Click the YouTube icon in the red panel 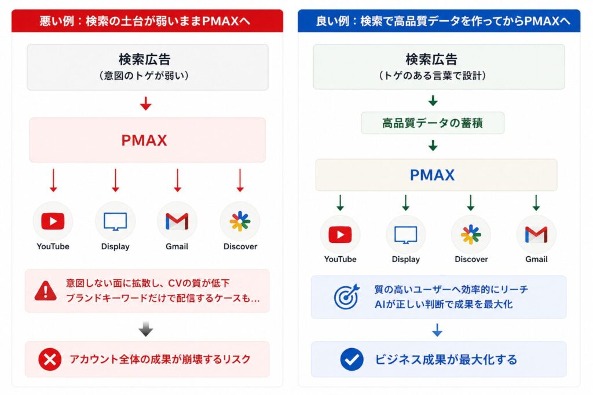coord(53,222)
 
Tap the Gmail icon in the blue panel coord(536,234)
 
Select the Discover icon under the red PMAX coord(240,222)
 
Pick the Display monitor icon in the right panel coord(406,235)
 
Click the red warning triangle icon coord(45,291)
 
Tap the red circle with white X coord(50,359)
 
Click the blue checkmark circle coord(352,359)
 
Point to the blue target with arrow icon coord(346,297)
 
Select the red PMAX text coord(144,141)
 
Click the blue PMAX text coord(432,175)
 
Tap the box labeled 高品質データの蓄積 coord(433,123)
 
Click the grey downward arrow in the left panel coord(145,329)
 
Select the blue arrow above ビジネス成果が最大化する coord(437,330)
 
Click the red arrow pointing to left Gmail coord(177,180)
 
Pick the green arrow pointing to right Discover coord(471,202)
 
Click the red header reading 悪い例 coord(147,21)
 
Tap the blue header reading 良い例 coord(439,21)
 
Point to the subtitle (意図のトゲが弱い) coord(144,76)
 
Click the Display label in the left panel coord(115,246)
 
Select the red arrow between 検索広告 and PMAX coord(145,104)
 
